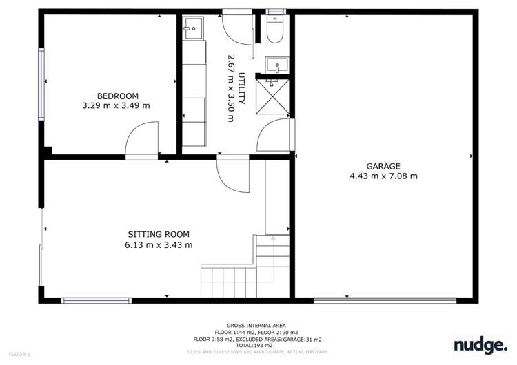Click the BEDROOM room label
tap(117, 96)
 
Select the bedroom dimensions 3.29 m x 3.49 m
tap(116, 105)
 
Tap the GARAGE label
tap(384, 166)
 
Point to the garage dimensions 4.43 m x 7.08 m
tap(384, 176)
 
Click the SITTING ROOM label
tap(159, 234)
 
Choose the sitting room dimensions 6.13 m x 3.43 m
tap(159, 244)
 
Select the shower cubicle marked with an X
tap(275, 98)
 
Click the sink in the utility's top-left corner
tap(194, 28)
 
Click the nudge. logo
tap(480, 344)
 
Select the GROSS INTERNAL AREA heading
tap(256, 325)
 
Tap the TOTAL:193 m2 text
tap(256, 345)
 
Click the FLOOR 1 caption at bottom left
tap(19, 354)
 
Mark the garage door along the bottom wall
tap(385, 300)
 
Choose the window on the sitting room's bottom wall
tap(96, 300)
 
